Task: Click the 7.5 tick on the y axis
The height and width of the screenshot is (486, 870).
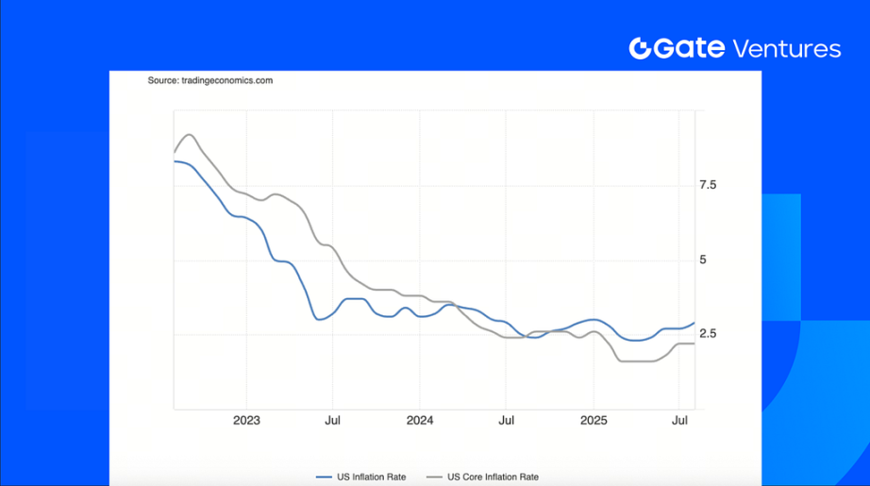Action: [708, 186]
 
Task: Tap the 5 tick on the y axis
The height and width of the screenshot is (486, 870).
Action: [702, 260]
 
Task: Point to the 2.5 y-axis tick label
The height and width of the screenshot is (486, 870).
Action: [708, 334]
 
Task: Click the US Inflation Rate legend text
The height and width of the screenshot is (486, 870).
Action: [371, 477]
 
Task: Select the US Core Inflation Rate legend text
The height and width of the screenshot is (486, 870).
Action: [493, 477]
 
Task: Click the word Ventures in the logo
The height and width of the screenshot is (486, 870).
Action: [786, 49]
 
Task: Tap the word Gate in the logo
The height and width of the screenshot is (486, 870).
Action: [691, 49]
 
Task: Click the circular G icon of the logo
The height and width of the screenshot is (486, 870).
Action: [641, 49]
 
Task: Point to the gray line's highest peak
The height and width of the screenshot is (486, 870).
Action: [189, 134]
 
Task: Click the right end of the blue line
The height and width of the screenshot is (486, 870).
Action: [694, 323]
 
